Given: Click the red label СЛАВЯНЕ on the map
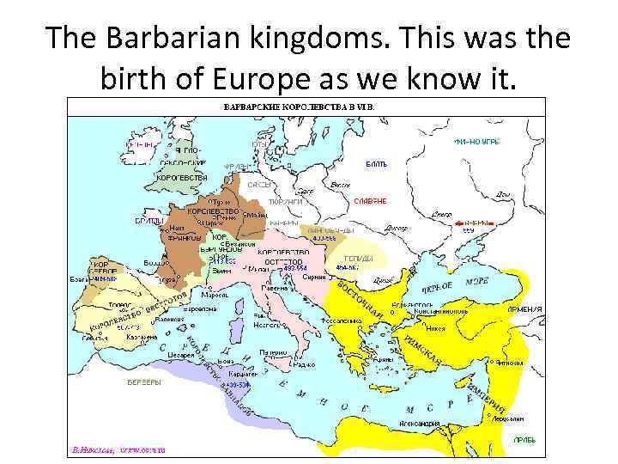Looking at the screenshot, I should (x=370, y=200).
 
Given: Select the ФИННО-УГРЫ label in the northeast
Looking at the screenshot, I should (x=476, y=140).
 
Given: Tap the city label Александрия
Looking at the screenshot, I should (x=420, y=423).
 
